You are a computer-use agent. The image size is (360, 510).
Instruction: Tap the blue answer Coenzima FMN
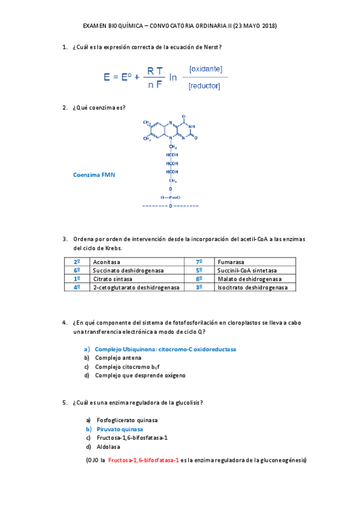click(94, 174)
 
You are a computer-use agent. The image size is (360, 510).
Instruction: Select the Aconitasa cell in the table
click(106, 262)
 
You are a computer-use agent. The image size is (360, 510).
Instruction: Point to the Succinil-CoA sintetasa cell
click(247, 271)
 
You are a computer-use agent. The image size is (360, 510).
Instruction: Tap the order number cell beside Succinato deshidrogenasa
click(77, 271)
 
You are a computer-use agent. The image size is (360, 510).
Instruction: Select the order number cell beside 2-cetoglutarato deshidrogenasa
click(77, 287)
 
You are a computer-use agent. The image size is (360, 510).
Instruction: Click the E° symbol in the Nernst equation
click(126, 77)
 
